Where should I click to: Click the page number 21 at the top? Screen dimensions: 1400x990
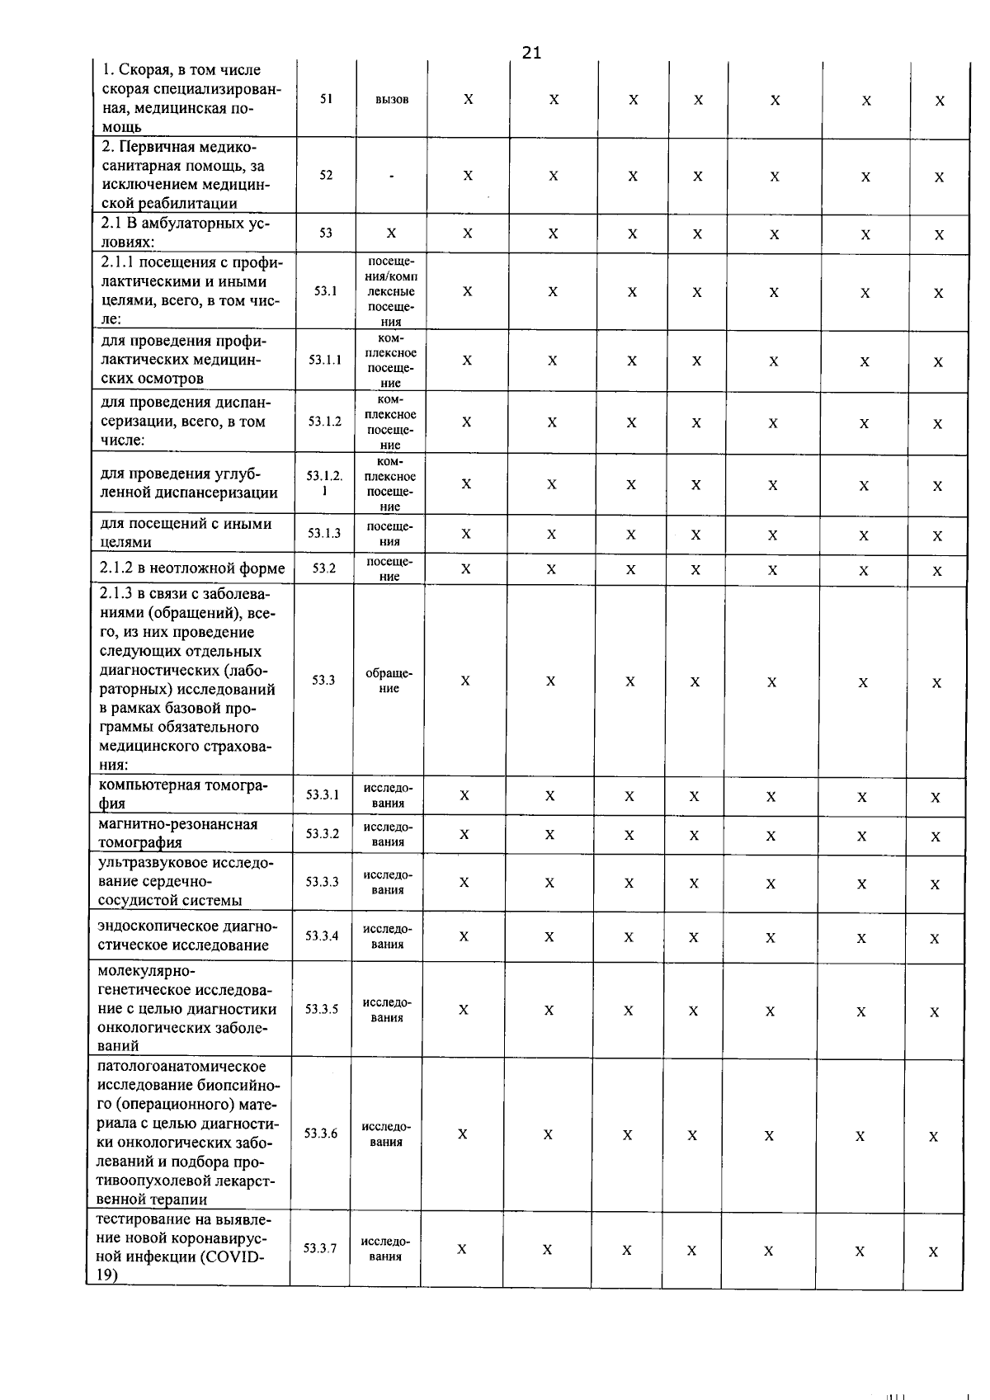532,53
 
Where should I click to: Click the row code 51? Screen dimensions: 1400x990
326,98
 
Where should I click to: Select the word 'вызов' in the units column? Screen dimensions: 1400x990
392,99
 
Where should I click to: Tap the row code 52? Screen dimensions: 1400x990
326,175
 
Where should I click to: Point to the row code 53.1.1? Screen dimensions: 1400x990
325,360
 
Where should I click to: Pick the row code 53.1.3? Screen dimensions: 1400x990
324,533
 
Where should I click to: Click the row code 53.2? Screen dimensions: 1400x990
324,568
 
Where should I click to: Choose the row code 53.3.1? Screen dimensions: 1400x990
323,795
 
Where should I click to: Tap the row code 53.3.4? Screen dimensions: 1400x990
322,936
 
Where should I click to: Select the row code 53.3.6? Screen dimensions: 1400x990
321,1134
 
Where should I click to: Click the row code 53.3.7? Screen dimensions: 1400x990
320,1248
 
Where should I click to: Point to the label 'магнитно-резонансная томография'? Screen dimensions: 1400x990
178,833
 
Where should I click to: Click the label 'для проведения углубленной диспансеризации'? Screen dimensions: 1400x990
189,483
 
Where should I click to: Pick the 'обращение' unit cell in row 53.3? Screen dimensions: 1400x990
389,681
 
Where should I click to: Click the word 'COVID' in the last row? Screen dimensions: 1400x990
236,1257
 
